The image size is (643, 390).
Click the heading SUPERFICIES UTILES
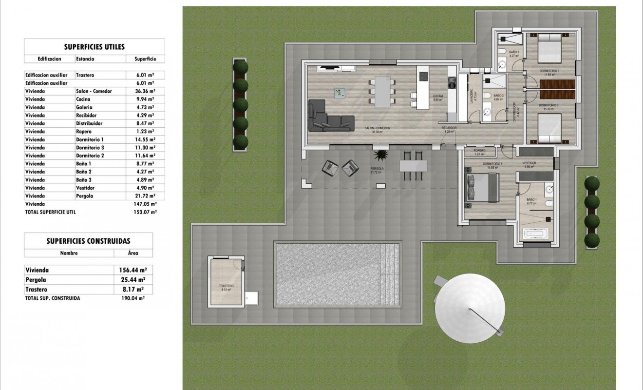coord(95,47)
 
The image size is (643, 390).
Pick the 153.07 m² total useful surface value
coord(145,212)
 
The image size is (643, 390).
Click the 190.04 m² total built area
coord(133,298)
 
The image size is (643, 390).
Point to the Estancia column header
coord(85,58)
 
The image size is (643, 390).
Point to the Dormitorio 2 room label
coord(549,71)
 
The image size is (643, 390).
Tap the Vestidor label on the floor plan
coord(530,164)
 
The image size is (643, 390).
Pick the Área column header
coord(133,253)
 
